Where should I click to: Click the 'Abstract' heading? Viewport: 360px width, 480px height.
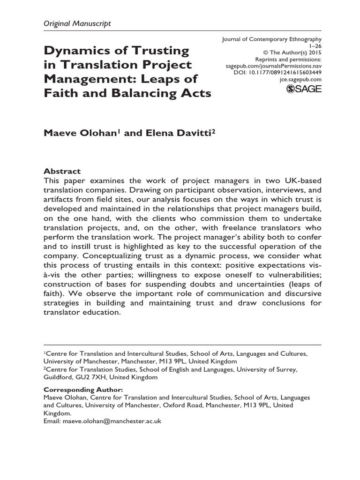tap(62, 171)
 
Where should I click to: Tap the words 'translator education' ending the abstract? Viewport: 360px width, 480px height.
tap(82, 312)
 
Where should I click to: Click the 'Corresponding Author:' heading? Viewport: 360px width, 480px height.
tap(83, 390)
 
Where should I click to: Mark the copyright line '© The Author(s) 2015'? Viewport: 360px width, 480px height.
tap(294, 53)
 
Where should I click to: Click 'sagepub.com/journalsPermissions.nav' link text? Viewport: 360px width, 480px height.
tap(275, 67)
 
